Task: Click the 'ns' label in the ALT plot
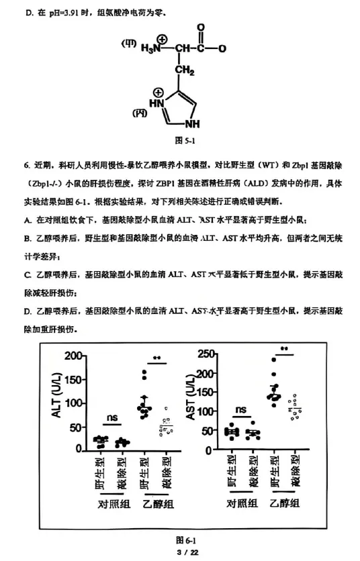[x=111, y=417]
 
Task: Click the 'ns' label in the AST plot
[x=240, y=409]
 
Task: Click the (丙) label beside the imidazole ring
[x=140, y=111]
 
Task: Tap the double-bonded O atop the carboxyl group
[x=200, y=28]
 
